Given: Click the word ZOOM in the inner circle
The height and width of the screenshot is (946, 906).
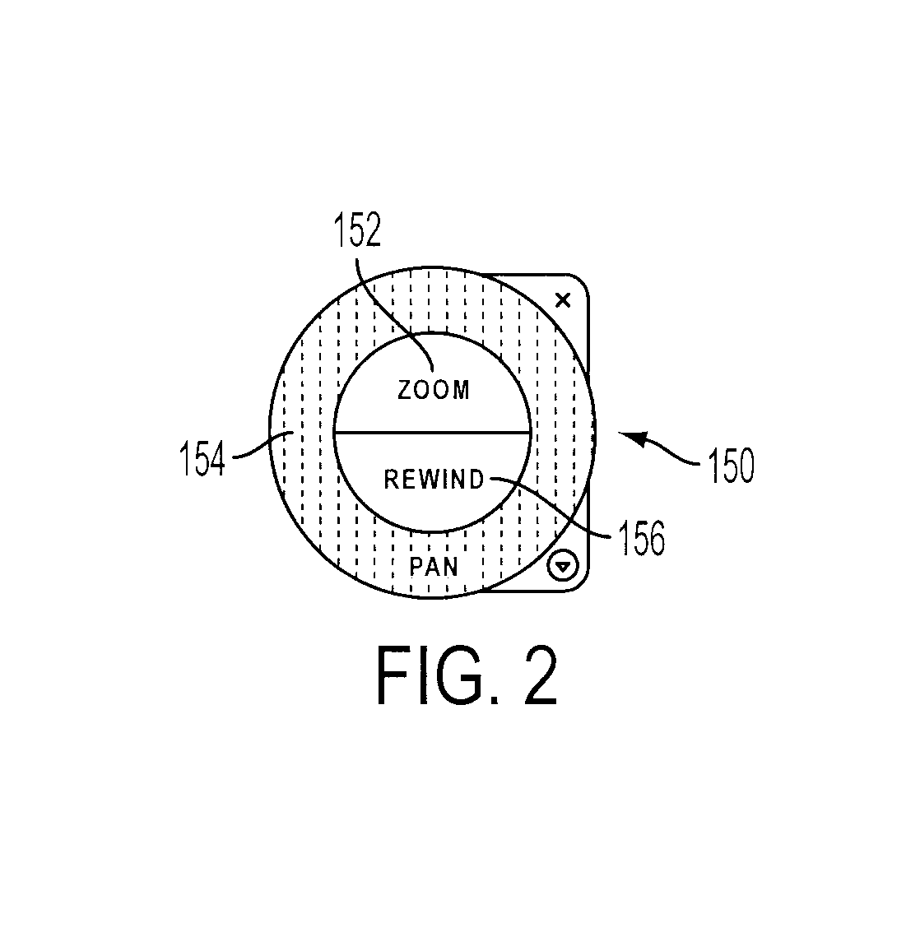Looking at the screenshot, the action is pos(434,390).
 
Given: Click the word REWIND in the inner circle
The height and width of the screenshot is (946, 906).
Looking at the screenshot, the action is pos(434,479).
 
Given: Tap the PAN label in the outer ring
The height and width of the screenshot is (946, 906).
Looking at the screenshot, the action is pos(434,567).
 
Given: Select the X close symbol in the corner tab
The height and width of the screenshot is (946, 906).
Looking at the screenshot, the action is pos(563,300).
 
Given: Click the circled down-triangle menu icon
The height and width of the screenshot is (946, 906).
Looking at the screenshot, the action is pos(563,566).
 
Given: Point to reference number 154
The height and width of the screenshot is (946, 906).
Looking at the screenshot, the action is pos(202,458).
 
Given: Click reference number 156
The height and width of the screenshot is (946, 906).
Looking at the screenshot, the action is pos(641,537).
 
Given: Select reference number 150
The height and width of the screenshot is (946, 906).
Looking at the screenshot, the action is pos(731,465).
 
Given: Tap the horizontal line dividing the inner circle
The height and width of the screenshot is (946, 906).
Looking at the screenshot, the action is pos(432,433).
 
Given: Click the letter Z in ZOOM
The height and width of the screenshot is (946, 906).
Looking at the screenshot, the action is pos(405,391).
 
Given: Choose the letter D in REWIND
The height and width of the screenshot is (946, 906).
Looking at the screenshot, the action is pos(476,479).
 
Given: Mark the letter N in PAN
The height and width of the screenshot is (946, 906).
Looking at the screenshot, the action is pos(451,567).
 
